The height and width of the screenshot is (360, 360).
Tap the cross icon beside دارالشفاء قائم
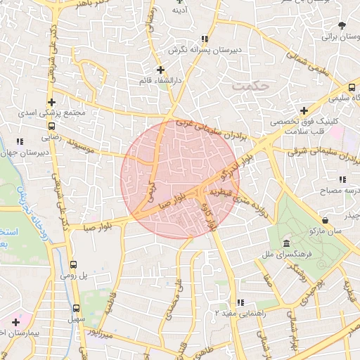point(161,70)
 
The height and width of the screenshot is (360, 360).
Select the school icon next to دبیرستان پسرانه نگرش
point(205,39)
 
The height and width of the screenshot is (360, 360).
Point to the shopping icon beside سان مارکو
point(325,219)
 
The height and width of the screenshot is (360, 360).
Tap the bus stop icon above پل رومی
point(74,265)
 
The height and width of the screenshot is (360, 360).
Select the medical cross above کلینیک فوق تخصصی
point(304,110)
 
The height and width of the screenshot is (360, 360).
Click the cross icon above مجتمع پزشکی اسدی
point(51,102)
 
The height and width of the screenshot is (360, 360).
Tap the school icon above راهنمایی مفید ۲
point(241,302)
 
